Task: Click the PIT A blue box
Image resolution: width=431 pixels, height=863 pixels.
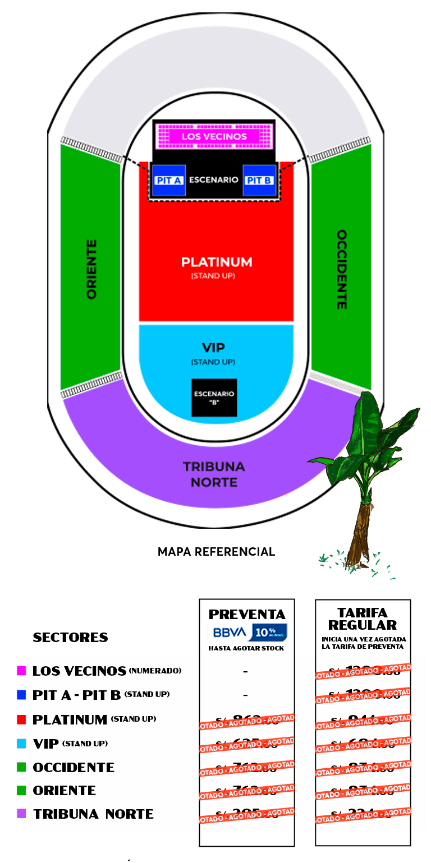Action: pos(169,181)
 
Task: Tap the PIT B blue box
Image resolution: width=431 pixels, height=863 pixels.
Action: pos(259,181)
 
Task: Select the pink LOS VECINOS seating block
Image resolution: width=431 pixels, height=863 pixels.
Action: pos(214,136)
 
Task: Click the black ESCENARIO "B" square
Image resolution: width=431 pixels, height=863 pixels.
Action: pos(214,398)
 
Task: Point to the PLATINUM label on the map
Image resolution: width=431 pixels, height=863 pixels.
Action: pos(217,262)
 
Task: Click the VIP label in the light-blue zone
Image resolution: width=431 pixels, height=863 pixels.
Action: pos(213,348)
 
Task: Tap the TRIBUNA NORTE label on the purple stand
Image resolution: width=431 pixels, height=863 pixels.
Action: pos(214,474)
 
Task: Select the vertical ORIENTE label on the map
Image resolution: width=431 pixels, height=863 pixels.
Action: pos(91,269)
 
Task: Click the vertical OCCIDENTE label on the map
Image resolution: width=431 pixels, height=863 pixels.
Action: pos(341,269)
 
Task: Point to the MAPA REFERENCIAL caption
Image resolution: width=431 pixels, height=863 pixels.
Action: pos(216,552)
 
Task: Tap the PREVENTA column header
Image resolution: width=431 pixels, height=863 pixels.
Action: pos(247,614)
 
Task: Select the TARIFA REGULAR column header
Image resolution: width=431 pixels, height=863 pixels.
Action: pos(363,619)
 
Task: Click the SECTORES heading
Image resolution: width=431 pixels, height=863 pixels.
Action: pos(70,638)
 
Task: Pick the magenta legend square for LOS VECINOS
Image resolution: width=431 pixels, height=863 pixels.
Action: pos(21,671)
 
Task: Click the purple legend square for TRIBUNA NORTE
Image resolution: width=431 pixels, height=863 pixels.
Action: pos(21,814)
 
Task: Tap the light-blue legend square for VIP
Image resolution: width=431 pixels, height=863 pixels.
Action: pos(21,744)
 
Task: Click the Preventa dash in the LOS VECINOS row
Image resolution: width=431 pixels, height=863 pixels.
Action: pos(246,671)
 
